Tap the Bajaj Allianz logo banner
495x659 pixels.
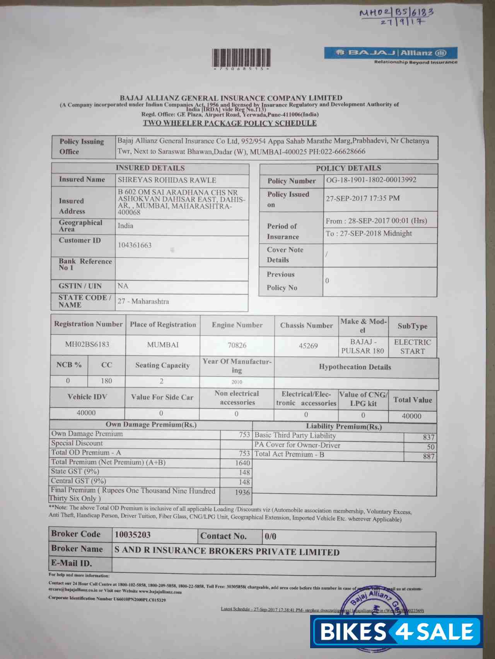[391, 53]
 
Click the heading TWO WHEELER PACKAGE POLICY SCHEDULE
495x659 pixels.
[230, 123]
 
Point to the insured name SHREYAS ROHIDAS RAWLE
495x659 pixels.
[167, 180]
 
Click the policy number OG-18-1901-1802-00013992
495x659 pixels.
[371, 180]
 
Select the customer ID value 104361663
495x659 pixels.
[135, 245]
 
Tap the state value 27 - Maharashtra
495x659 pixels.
[143, 301]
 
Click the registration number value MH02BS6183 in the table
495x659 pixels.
[87, 344]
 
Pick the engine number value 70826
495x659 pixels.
[237, 345]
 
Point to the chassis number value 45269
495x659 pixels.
[308, 346]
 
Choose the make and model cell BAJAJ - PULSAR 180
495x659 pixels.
[362, 346]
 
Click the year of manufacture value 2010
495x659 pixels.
[237, 382]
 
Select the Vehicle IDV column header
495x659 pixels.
[87, 397]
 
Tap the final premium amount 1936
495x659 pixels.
[242, 493]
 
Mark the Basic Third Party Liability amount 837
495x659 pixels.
[428, 437]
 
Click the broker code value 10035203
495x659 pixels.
[132, 535]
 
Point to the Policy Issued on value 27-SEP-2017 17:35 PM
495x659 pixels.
[363, 199]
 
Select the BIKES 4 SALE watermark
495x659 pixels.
[397, 632]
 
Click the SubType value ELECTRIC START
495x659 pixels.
[412, 347]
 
